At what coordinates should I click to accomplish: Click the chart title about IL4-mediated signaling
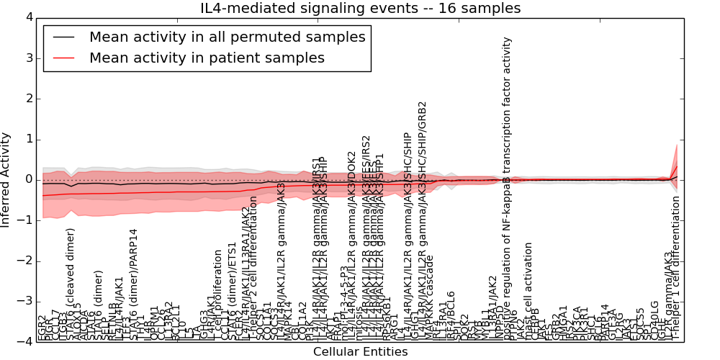coord(360,9)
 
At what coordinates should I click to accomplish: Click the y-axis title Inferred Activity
coord(6,179)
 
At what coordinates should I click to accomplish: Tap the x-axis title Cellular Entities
coord(360,352)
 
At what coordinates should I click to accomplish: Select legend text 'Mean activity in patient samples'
coord(207,58)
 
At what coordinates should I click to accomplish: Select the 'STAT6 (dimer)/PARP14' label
coord(133,285)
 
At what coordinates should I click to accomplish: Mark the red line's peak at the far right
coord(676,166)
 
